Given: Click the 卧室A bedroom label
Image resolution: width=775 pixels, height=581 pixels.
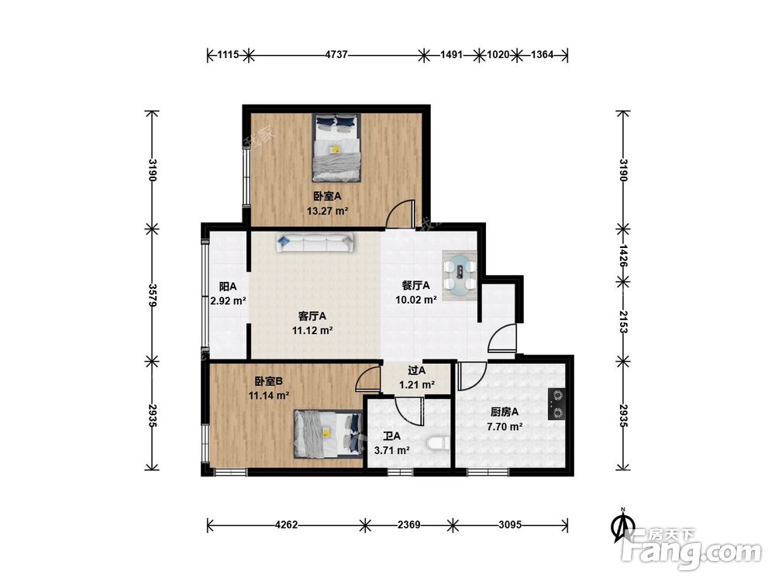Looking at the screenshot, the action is pyautogui.click(x=327, y=196).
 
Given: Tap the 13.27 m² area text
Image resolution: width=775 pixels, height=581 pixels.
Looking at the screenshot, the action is pyautogui.click(x=327, y=211).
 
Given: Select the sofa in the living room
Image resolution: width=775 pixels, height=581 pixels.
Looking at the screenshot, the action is pyautogui.click(x=315, y=242).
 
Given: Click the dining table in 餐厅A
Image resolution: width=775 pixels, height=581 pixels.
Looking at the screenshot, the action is pyautogui.click(x=460, y=275).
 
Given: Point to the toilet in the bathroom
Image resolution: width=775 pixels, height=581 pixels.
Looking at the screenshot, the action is pyautogui.click(x=439, y=442).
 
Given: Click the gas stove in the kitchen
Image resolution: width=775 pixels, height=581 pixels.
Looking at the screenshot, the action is pyautogui.click(x=557, y=404).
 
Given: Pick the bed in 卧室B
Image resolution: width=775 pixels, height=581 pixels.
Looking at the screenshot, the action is pyautogui.click(x=328, y=434).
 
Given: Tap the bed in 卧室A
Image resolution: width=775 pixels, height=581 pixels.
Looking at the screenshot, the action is pyautogui.click(x=336, y=147).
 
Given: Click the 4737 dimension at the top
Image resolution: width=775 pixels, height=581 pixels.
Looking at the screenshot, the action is pyautogui.click(x=336, y=55).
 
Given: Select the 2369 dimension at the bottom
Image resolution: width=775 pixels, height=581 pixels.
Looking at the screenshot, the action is pyautogui.click(x=408, y=524).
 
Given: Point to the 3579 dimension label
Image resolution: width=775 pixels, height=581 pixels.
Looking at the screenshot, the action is pyautogui.click(x=153, y=295).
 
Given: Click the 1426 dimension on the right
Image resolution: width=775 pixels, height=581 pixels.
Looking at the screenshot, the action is pyautogui.click(x=623, y=256).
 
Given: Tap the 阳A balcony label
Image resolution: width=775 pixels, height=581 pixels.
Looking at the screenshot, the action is pyautogui.click(x=228, y=287).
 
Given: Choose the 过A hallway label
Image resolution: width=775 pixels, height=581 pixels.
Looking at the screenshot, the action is pyautogui.click(x=417, y=370).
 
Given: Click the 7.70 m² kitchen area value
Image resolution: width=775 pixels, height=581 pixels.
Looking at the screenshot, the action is pyautogui.click(x=505, y=427).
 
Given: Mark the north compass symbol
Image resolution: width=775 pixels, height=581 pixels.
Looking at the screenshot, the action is pyautogui.click(x=624, y=524).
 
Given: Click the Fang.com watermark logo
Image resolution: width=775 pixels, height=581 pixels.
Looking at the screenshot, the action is pyautogui.click(x=691, y=548).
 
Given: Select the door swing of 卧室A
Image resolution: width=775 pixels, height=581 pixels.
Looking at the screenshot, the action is pyautogui.click(x=399, y=214).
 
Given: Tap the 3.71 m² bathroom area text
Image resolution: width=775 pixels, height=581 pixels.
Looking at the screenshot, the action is pyautogui.click(x=392, y=451).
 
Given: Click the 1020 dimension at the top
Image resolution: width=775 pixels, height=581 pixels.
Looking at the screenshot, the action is pyautogui.click(x=498, y=55).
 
